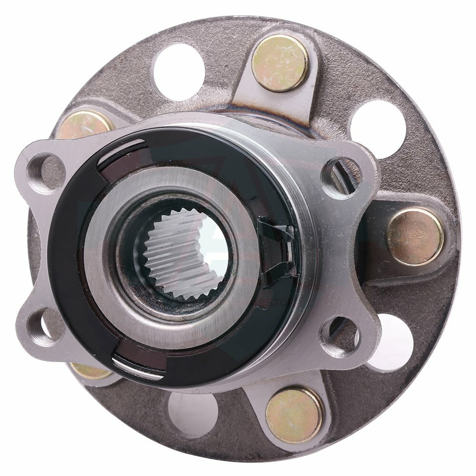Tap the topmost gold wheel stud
[x=279, y=63]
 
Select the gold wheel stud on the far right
[x=414, y=236]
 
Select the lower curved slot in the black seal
[x=138, y=364]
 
